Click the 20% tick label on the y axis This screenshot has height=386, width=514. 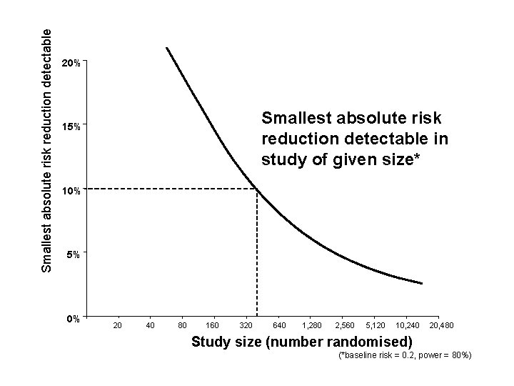pyautogui.click(x=71, y=64)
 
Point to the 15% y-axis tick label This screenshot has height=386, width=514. pyautogui.click(x=71, y=128)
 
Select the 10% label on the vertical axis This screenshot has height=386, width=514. pyautogui.click(x=71, y=192)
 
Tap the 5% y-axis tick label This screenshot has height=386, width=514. pyautogui.click(x=73, y=254)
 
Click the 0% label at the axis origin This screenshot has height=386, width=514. pyautogui.click(x=70, y=318)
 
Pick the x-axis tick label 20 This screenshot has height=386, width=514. pyautogui.click(x=118, y=327)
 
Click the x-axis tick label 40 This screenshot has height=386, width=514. pyautogui.click(x=150, y=327)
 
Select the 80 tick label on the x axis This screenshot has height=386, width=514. pyautogui.click(x=183, y=327)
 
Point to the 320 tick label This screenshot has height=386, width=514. pyautogui.click(x=246, y=327)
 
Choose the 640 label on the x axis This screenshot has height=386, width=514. pyautogui.click(x=281, y=327)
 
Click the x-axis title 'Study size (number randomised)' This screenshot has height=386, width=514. pyautogui.click(x=302, y=341)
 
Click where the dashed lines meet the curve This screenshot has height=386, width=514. pyautogui.click(x=257, y=189)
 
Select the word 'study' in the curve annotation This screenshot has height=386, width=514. pyautogui.click(x=281, y=158)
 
